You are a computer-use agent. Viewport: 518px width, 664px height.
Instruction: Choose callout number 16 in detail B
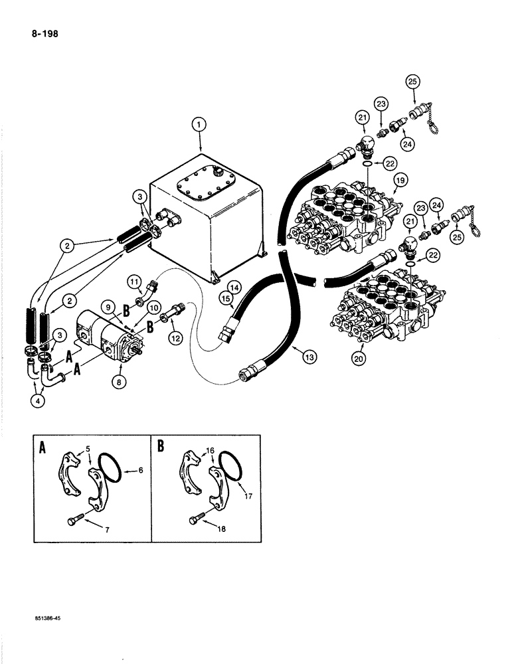(211, 451)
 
